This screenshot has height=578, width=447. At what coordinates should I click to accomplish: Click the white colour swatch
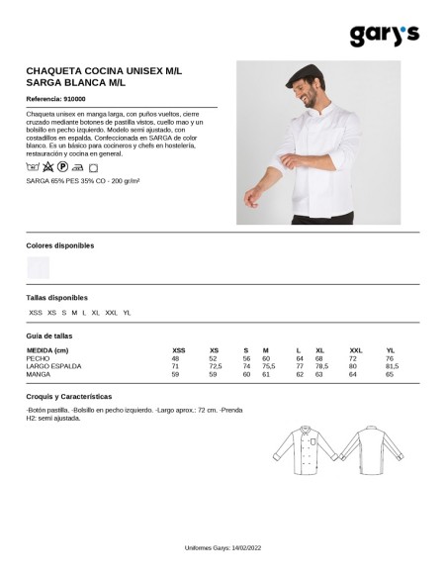[x=39, y=267]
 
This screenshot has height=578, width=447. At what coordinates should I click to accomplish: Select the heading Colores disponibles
[x=59, y=243]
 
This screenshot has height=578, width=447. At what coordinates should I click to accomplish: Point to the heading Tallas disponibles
[x=56, y=297]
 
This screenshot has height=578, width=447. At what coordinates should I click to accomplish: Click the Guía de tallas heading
[x=48, y=336]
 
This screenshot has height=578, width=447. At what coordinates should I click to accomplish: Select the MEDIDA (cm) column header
[x=47, y=351]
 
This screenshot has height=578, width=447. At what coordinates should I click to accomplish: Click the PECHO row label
[x=38, y=359]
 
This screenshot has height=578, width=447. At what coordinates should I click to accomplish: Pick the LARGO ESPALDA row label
[x=53, y=367]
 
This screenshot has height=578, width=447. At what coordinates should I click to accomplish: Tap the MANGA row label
[x=39, y=375]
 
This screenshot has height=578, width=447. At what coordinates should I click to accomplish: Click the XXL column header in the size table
[x=356, y=351]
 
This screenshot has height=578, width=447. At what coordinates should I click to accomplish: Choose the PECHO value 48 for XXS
[x=176, y=359]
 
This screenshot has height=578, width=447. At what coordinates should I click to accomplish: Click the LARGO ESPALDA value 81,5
[x=391, y=367]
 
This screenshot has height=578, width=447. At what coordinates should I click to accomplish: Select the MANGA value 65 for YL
[x=389, y=375]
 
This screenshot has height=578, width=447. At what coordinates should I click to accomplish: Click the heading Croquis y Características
[x=68, y=395]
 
